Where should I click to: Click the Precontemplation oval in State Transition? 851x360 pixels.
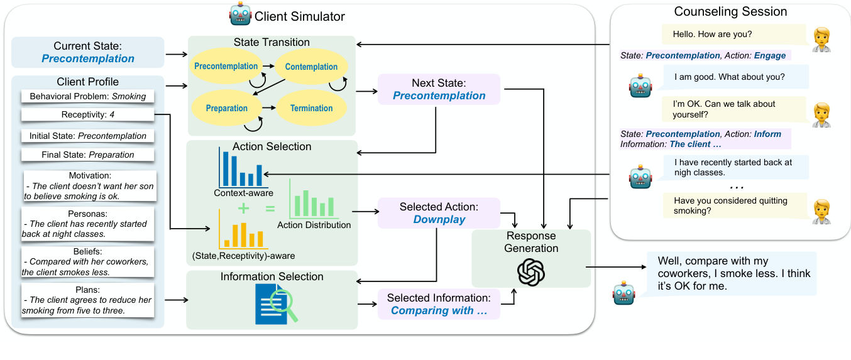pyautogui.click(x=226, y=67)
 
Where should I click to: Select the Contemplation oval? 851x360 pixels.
pyautogui.click(x=311, y=67)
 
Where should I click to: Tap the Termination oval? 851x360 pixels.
pyautogui.click(x=311, y=108)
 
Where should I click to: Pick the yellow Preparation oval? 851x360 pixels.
pyautogui.click(x=226, y=108)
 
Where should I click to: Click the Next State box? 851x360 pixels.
pyautogui.click(x=439, y=89)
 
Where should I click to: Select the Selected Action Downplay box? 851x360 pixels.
pyautogui.click(x=439, y=213)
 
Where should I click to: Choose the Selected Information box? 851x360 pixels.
pyautogui.click(x=439, y=304)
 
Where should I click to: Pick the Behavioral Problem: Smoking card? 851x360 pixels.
pyautogui.click(x=87, y=97)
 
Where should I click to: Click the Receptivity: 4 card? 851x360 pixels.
pyautogui.click(x=87, y=115)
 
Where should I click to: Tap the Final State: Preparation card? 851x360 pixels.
pyautogui.click(x=87, y=155)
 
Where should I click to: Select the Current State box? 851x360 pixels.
pyautogui.click(x=88, y=52)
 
